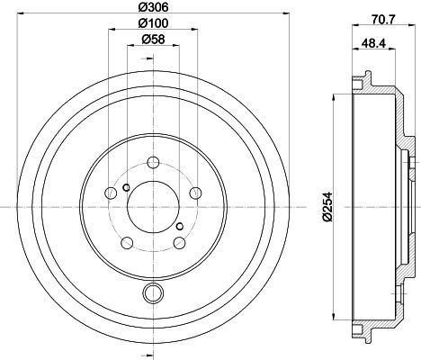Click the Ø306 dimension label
tap(151, 8)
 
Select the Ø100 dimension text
tap(151, 23)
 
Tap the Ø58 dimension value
tap(151, 39)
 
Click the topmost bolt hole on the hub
tap(152, 163)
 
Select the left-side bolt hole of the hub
tap(111, 193)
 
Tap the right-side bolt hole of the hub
tap(193, 193)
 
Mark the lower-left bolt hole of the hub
tap(127, 242)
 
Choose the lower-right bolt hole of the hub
tap(178, 242)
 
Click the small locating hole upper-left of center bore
tap(126, 188)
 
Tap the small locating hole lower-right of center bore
tap(179, 226)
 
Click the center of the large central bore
tap(152, 207)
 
